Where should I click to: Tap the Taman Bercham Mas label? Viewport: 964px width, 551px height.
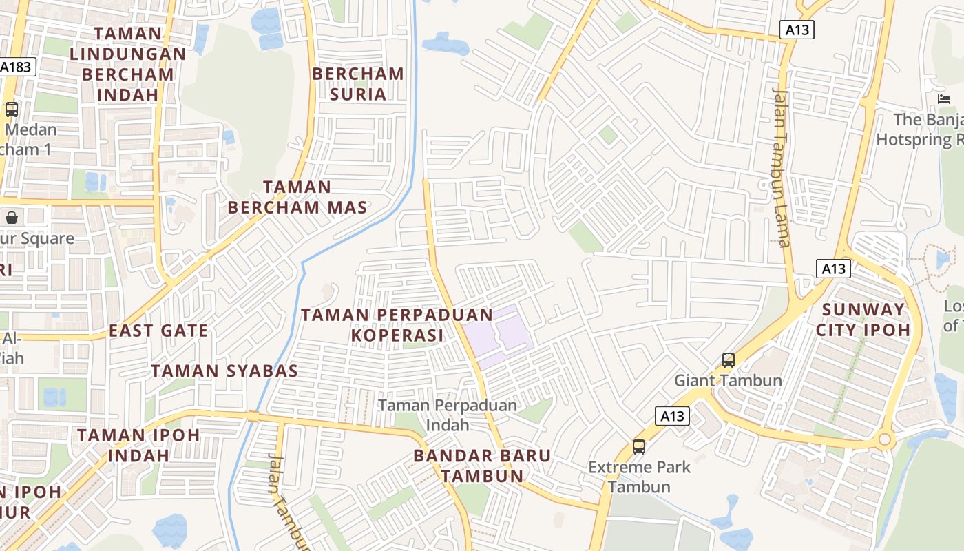coord(297,197)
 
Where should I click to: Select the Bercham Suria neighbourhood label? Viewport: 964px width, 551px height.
coord(357,83)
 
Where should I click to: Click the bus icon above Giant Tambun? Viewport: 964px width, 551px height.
coord(728,360)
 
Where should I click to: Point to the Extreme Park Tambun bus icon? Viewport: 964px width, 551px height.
coord(639,446)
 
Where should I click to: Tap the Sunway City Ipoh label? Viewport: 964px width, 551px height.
coord(863,320)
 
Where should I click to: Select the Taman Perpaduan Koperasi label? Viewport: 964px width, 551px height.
coord(397,325)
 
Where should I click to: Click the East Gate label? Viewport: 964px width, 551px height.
coord(158,331)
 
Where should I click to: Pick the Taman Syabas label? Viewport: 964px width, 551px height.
coord(224,371)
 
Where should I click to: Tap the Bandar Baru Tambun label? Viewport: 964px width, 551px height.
coord(482,466)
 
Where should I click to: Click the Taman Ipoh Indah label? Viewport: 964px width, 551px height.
coord(138,445)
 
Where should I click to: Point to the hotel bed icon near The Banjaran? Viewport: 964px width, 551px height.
coord(944,99)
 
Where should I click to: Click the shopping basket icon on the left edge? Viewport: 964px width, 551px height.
coord(12,218)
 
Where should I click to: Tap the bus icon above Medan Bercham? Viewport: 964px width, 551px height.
coord(12,109)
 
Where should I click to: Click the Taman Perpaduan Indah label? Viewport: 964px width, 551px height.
coord(448,415)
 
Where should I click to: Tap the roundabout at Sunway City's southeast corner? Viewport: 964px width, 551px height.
coord(885,439)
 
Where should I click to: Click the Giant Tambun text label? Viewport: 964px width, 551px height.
coord(728,380)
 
